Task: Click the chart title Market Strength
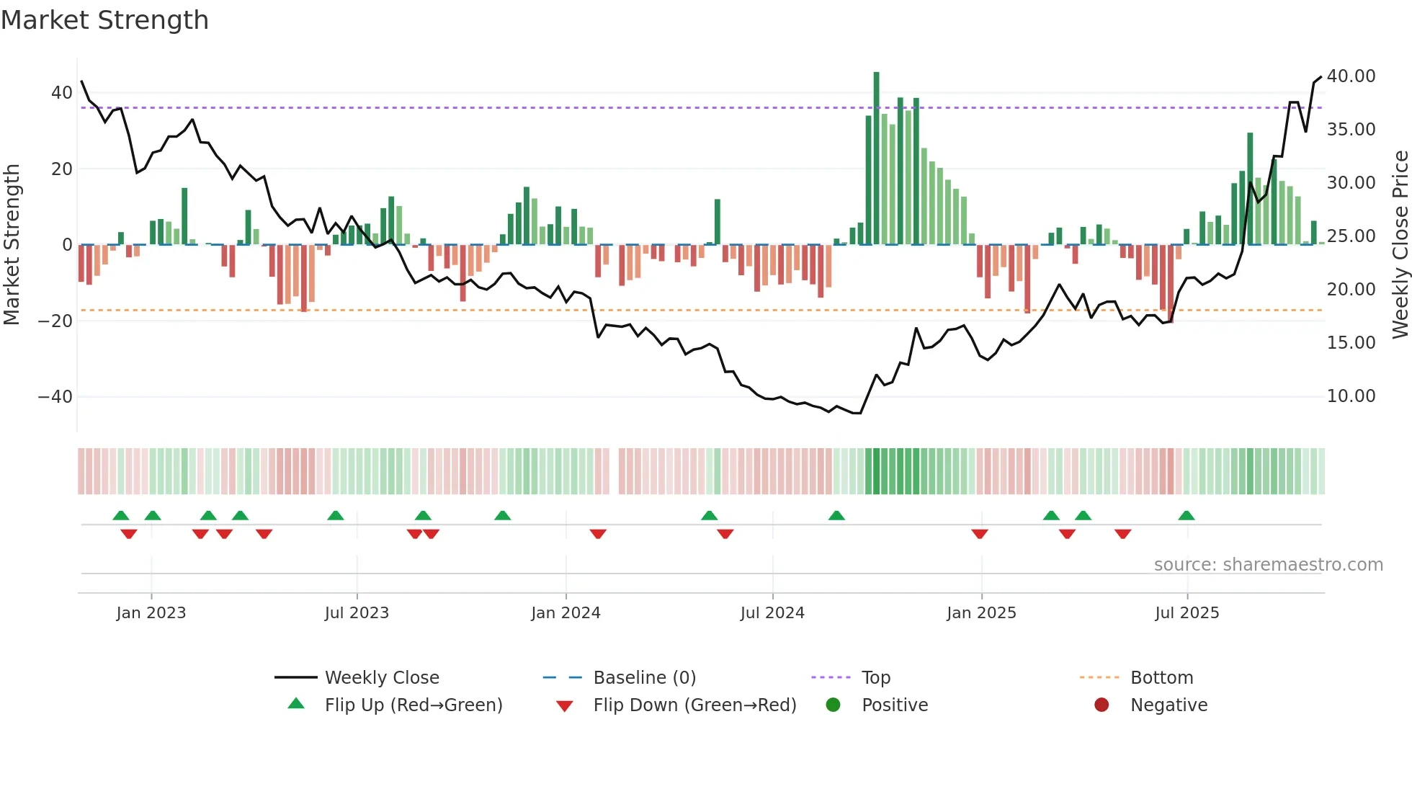click(105, 20)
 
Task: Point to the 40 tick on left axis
click(61, 93)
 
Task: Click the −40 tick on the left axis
click(55, 397)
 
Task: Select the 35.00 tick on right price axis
click(1351, 130)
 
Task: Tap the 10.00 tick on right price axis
click(1351, 396)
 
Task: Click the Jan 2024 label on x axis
click(566, 613)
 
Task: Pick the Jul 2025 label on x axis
click(1187, 613)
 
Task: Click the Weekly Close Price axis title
click(1400, 244)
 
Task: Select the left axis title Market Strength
click(12, 244)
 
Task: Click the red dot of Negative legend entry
click(1102, 705)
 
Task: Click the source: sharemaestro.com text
click(1268, 565)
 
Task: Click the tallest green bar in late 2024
click(876, 159)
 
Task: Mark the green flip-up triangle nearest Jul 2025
click(1187, 515)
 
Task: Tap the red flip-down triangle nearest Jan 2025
click(980, 534)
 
